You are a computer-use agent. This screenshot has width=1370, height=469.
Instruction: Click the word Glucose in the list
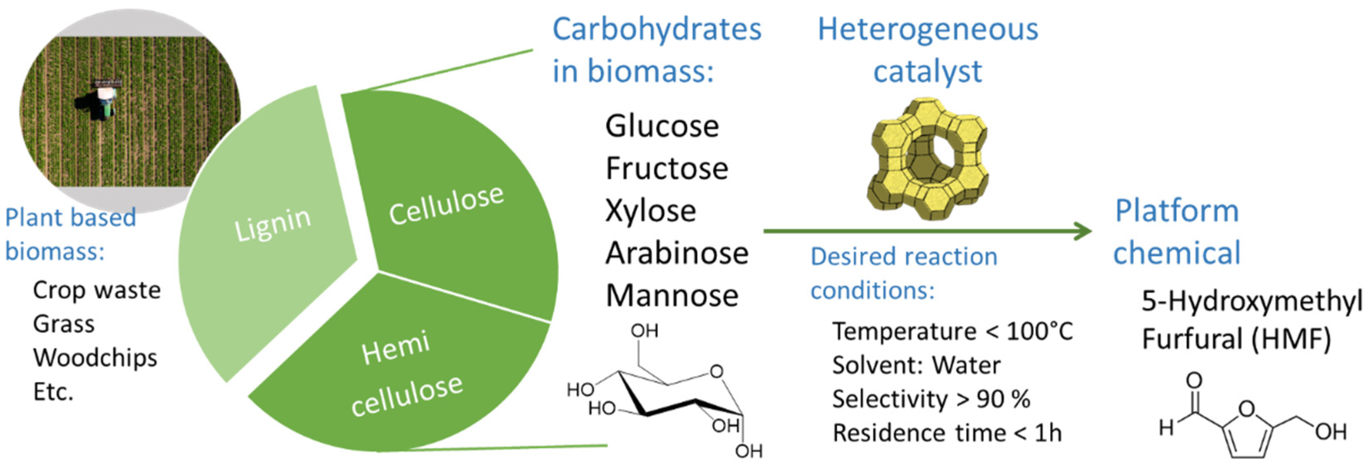tap(662, 127)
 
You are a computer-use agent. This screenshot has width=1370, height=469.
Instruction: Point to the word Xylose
tap(650, 211)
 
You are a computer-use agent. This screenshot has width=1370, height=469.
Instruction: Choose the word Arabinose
tap(677, 254)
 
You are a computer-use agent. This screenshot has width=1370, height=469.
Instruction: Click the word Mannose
tap(672, 296)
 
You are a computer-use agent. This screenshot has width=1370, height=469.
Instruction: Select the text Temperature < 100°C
tap(952, 331)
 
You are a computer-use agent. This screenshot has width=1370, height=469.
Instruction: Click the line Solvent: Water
tap(916, 365)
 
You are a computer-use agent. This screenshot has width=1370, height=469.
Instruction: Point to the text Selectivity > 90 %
tap(931, 399)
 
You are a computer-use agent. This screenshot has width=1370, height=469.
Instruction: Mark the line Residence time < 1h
tap(947, 433)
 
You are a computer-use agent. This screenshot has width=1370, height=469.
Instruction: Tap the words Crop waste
tap(97, 290)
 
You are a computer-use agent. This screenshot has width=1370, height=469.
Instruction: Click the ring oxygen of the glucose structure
tap(716, 371)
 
